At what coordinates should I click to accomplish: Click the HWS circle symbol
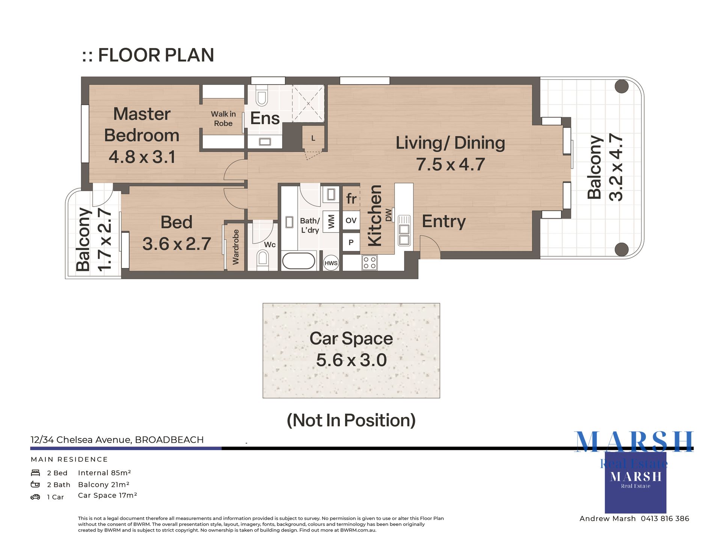331,263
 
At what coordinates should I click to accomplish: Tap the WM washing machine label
331,222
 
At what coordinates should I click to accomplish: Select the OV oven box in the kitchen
351,221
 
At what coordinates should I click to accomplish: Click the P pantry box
351,242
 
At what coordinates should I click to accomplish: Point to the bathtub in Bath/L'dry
299,261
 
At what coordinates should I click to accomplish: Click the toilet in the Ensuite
262,97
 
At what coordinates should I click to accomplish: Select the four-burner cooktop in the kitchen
370,263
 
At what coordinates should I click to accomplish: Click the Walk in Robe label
223,118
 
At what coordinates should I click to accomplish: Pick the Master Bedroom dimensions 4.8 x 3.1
142,157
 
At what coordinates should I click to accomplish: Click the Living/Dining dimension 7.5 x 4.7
450,165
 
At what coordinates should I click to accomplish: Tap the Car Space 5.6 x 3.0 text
351,360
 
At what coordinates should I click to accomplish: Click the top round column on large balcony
621,86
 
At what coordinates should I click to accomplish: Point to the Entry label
443,221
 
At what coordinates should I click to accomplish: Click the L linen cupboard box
313,138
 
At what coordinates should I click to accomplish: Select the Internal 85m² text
104,473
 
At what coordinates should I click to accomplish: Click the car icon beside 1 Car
35,497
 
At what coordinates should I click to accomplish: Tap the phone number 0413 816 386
665,518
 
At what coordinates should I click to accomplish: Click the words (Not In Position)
351,420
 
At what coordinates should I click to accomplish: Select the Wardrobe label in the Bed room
235,247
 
